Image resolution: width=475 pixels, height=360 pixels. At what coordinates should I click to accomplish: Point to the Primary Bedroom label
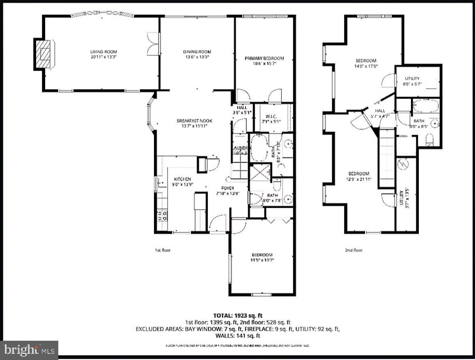pyautogui.click(x=264, y=58)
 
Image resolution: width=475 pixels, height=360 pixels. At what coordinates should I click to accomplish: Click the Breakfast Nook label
pyautogui.click(x=195, y=121)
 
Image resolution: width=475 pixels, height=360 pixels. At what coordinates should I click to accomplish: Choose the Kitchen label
pyautogui.click(x=182, y=179)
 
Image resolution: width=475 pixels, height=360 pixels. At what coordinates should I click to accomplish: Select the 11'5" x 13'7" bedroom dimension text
pyautogui.click(x=262, y=259)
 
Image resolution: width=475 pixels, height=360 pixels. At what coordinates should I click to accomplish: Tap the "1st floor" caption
pyautogui.click(x=163, y=250)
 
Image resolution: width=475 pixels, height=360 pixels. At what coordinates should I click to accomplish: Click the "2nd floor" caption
pyautogui.click(x=354, y=250)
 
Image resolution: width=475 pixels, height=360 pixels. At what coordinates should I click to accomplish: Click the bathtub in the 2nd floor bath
pyautogui.click(x=425, y=106)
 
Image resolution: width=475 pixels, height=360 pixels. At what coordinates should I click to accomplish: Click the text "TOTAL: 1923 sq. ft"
pyautogui.click(x=238, y=316)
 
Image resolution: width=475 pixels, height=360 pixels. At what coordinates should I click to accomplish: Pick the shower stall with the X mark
pyautogui.click(x=259, y=172)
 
